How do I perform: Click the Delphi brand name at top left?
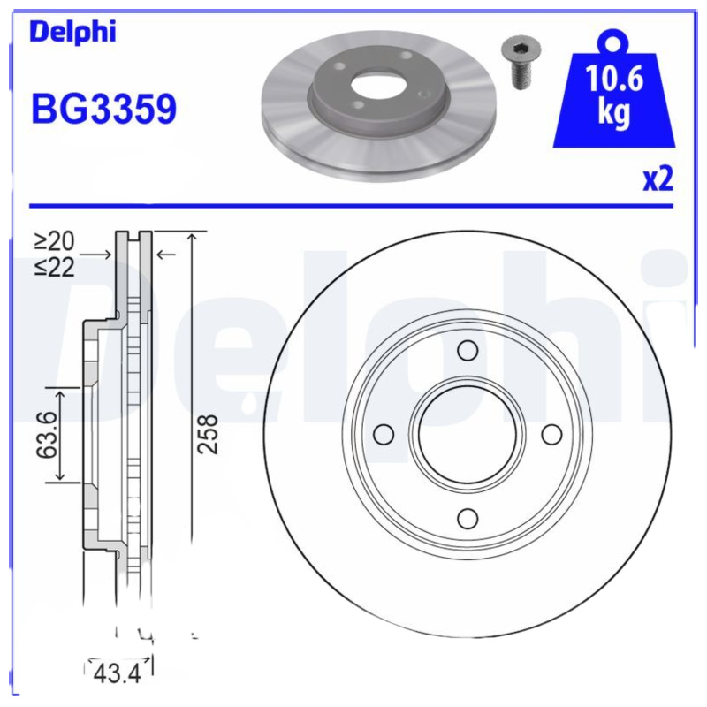(x=73, y=33)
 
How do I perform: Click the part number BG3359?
(x=103, y=109)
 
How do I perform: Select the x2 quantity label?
(x=658, y=179)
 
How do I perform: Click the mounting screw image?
(x=518, y=62)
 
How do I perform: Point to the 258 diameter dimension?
(x=208, y=433)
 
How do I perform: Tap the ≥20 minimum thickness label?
(x=55, y=240)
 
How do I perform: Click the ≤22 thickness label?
(x=55, y=266)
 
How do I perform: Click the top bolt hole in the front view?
(x=468, y=352)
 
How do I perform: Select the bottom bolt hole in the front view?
(x=468, y=519)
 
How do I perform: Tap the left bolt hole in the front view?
(x=384, y=435)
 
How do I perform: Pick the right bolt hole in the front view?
(x=551, y=435)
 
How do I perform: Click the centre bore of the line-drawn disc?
(x=468, y=435)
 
